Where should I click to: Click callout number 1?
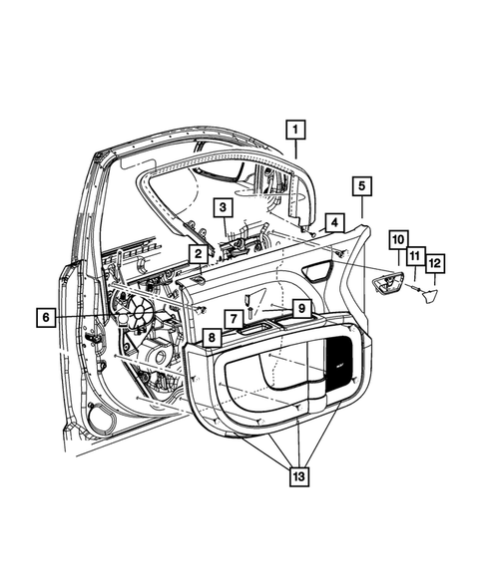[295, 129]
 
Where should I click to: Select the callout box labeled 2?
[199, 255]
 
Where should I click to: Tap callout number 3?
[224, 207]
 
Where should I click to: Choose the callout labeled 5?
[361, 185]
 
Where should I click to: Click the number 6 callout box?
[46, 318]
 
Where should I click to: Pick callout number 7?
[231, 318]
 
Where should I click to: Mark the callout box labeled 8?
[212, 338]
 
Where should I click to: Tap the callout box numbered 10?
[397, 240]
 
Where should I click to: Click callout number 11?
[415, 256]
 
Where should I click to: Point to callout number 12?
[435, 263]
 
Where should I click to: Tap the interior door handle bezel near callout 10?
[385, 286]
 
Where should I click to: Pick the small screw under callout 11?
[414, 288]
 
